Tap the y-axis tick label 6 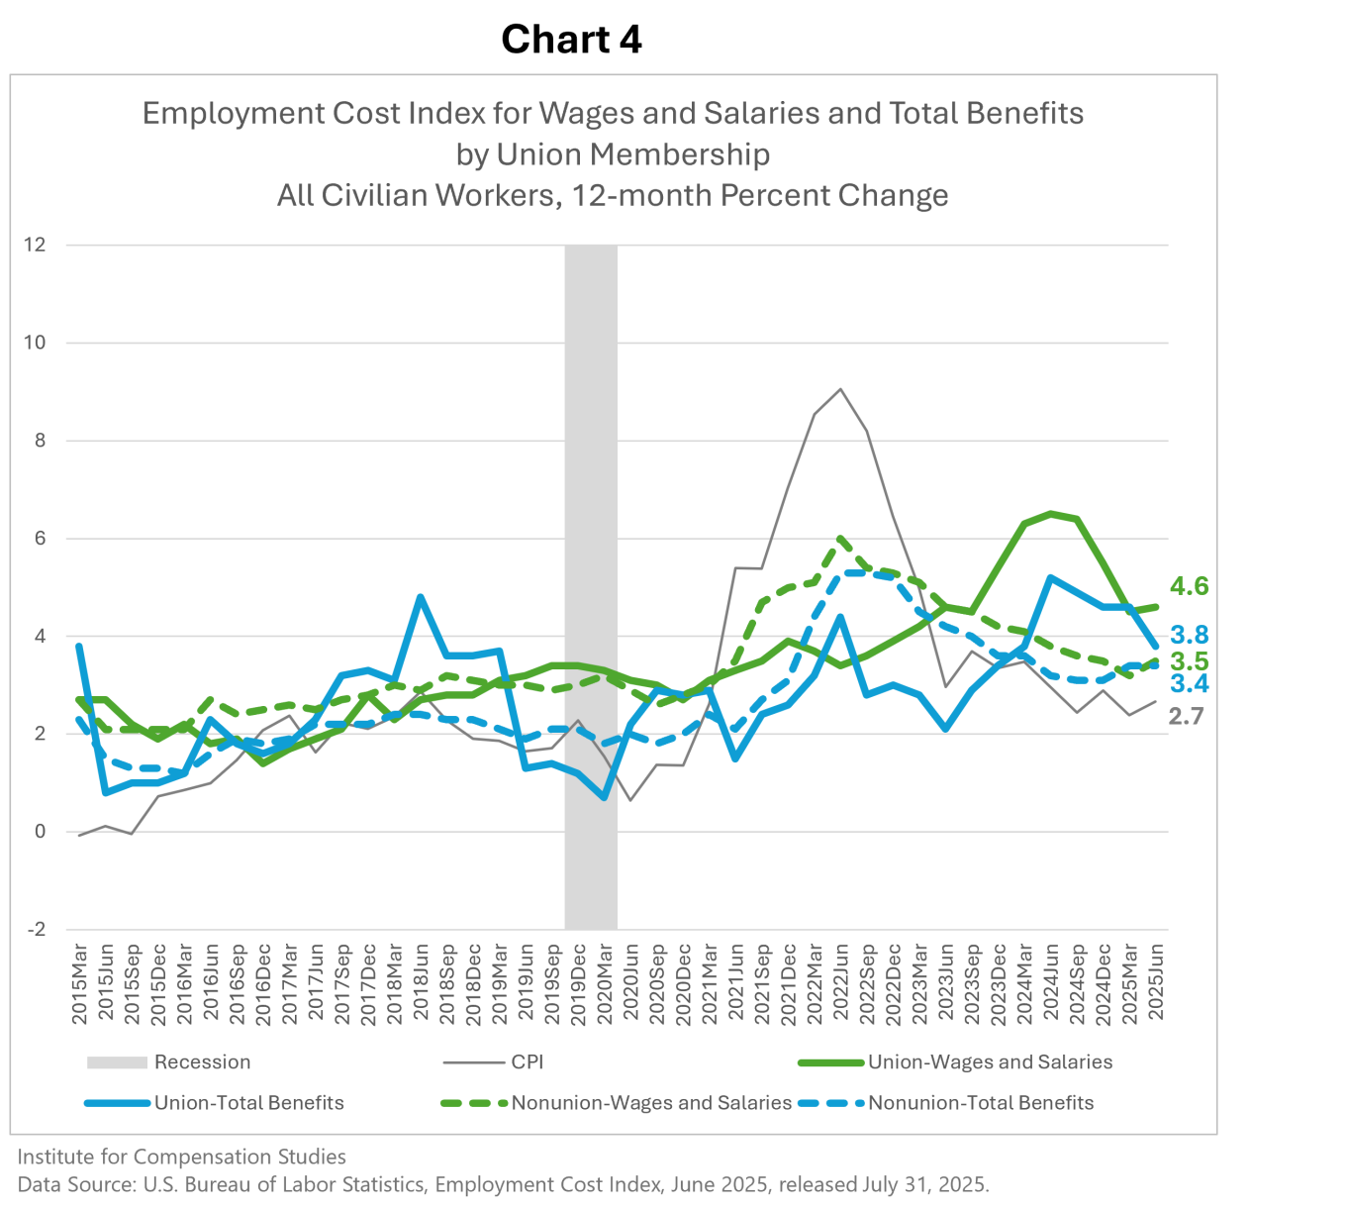pos(40,539)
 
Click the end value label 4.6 pos(1189,586)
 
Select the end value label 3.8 pos(1189,635)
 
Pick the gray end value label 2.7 pos(1186,717)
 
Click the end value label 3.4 pos(1189,683)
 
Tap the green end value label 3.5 pos(1189,660)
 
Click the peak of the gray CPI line pos(840,388)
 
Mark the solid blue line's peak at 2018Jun pos(420,596)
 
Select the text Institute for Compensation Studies pos(182,1157)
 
